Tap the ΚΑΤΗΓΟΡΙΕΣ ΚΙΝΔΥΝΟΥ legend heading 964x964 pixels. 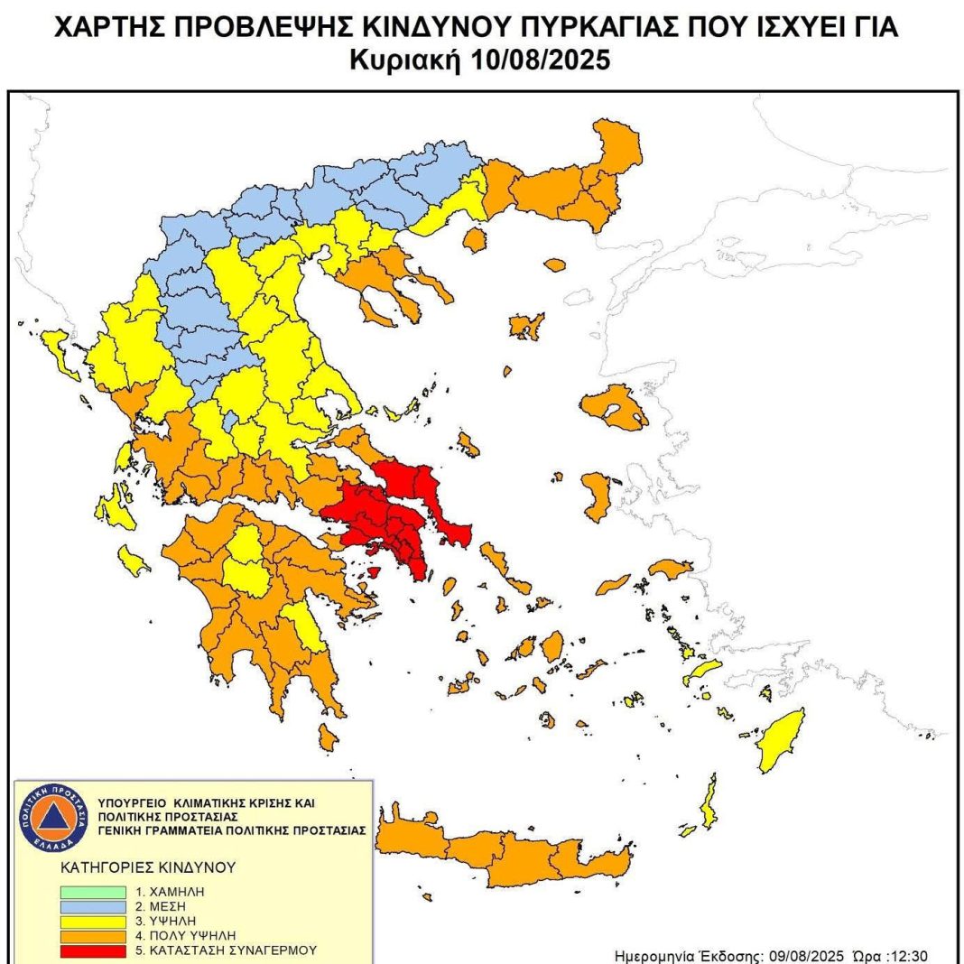tap(148, 867)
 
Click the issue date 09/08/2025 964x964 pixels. tap(807, 956)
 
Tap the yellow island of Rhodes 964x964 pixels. tap(782, 741)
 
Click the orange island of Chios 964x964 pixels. tap(598, 496)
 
